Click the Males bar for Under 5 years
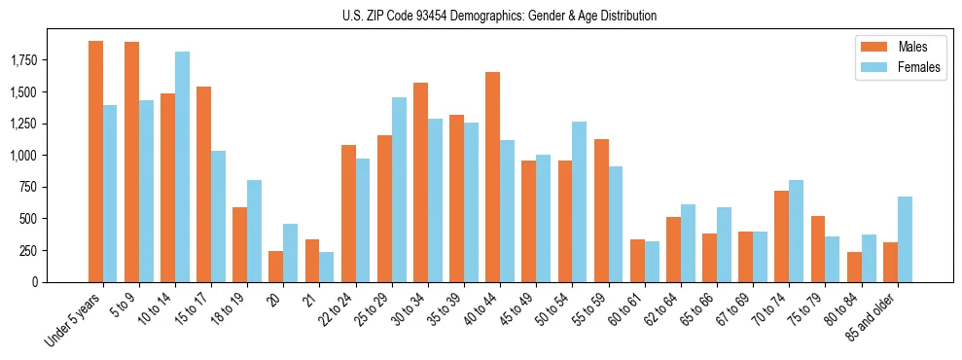[95, 162]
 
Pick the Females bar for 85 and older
[905, 239]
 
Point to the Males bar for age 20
[276, 267]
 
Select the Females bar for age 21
[327, 267]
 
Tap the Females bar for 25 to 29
[399, 190]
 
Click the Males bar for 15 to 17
[203, 184]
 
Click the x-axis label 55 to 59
[589, 309]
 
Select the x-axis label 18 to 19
[230, 309]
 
